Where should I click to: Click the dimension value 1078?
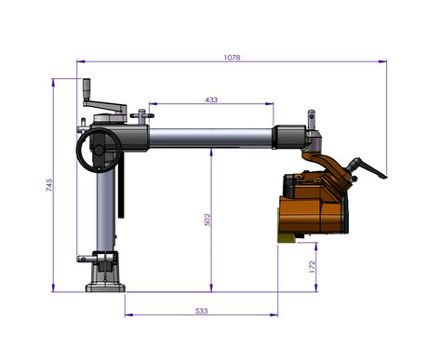[232, 58]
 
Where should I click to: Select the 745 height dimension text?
[48, 185]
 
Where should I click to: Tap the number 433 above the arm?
[211, 99]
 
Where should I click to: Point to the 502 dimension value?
[207, 219]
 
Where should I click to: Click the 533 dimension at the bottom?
[202, 310]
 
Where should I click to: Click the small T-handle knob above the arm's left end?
[141, 115]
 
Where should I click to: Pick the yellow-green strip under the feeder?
[289, 239]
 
